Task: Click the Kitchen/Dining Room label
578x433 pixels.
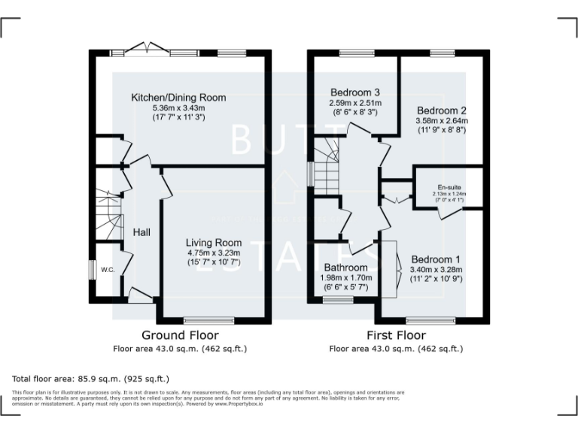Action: tap(178, 98)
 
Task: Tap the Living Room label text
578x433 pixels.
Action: tap(214, 243)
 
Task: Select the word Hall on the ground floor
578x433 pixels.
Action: tap(141, 232)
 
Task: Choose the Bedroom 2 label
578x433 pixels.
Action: tap(442, 109)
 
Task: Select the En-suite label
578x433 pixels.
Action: tap(449, 187)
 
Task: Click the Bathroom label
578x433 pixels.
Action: tap(345, 268)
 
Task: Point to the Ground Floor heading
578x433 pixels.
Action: tap(181, 335)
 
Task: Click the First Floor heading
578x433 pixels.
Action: tap(396, 335)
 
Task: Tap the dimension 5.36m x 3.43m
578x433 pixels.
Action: tap(178, 107)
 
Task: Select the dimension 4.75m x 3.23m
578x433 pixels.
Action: tap(214, 253)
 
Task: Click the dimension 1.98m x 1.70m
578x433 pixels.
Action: tap(345, 277)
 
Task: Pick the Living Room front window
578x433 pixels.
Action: tap(208, 321)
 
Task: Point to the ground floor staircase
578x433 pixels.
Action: tap(107, 213)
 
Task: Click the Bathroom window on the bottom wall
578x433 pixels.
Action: tap(338, 300)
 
